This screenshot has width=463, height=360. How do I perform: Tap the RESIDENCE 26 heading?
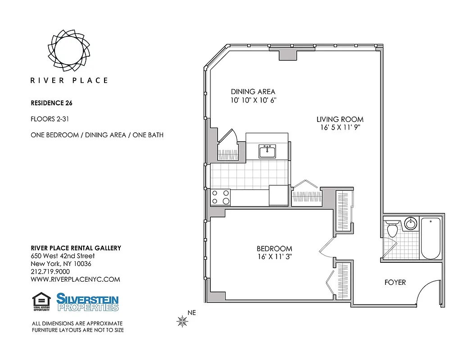(x=51, y=103)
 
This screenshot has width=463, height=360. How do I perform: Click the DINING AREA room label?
(x=253, y=92)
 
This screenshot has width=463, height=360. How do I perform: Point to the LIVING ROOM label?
(x=340, y=119)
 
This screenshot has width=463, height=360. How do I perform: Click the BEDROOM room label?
(x=274, y=248)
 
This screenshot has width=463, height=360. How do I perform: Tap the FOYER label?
(x=395, y=282)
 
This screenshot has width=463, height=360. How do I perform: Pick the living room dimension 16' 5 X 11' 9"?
(x=340, y=127)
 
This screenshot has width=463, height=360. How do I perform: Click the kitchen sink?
(x=267, y=151)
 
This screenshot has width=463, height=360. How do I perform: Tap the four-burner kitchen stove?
(x=221, y=197)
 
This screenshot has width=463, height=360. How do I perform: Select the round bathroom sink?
(x=410, y=224)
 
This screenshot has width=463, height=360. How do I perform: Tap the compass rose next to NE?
(x=182, y=320)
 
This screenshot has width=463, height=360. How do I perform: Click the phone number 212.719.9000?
(x=50, y=271)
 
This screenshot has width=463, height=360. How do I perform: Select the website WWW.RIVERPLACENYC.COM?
(x=75, y=279)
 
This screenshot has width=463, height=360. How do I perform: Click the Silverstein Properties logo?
(x=87, y=301)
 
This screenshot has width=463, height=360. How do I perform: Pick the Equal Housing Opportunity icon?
(x=41, y=301)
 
